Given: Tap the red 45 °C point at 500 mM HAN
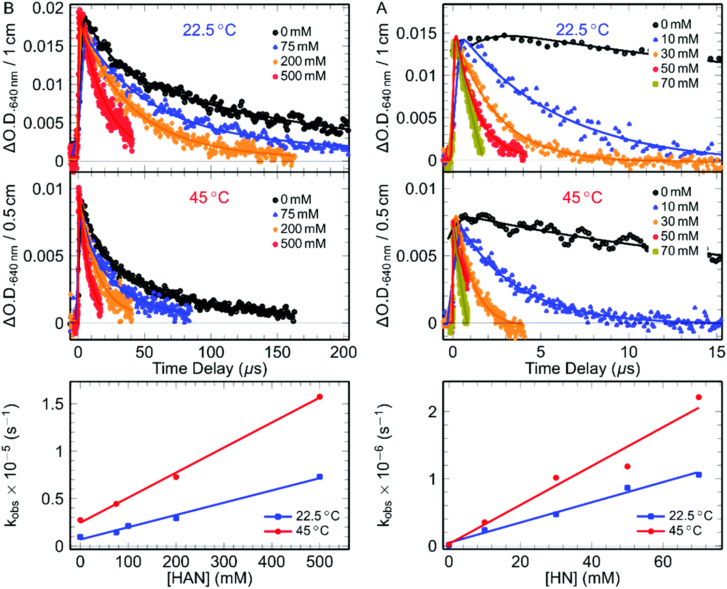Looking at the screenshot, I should point(319,397).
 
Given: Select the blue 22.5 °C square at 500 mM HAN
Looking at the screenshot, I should point(319,477).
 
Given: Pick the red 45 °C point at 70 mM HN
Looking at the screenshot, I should point(698,397).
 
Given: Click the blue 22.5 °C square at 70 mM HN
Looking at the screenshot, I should point(698,475).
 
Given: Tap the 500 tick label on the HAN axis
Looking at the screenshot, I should point(319,562).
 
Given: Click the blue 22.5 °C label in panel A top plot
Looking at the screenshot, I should point(582,30).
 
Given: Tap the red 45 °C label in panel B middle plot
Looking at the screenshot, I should point(209,197).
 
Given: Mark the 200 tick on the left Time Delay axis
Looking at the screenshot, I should point(343,352).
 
